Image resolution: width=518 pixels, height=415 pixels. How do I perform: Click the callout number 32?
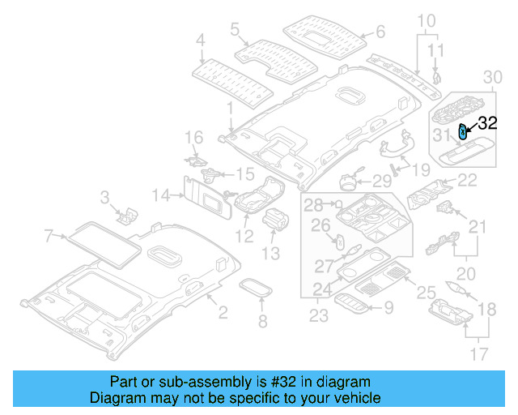486,124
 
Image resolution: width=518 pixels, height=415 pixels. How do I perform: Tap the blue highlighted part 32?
463,131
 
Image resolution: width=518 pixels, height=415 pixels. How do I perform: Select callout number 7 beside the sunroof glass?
49,236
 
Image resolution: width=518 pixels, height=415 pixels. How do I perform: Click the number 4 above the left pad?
201,39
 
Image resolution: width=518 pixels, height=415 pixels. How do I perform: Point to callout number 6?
380,34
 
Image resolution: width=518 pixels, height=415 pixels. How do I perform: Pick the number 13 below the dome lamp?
270,254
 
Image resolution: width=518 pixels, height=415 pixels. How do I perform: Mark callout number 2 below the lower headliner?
223,312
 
